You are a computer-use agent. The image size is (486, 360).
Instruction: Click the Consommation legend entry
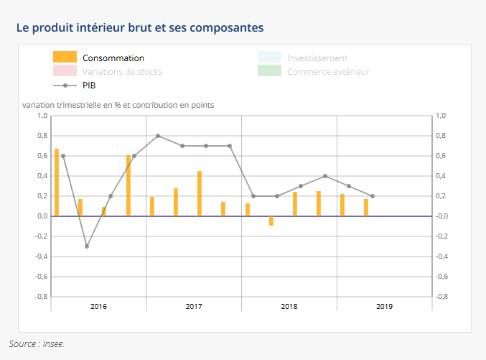[x=113, y=57]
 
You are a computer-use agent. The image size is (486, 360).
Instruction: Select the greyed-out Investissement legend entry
[x=317, y=57]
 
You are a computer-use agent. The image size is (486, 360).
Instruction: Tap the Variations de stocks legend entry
[x=121, y=71]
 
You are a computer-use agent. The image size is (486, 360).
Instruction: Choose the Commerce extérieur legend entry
[x=327, y=71]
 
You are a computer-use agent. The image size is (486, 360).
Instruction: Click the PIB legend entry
[x=89, y=85]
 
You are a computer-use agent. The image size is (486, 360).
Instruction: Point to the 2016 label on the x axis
[x=98, y=307]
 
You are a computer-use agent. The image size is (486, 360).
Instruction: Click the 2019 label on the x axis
[x=384, y=307]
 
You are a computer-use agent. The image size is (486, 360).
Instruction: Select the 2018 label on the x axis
[x=289, y=307]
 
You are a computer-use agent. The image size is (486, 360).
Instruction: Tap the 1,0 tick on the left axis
[x=42, y=116]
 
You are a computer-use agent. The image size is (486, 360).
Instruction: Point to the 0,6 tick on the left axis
[x=42, y=156]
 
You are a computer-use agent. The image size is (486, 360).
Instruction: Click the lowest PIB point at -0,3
[x=87, y=246]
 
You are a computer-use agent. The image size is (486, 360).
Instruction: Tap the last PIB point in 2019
[x=373, y=196]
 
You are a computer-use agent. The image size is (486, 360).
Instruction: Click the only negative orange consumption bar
[x=271, y=221]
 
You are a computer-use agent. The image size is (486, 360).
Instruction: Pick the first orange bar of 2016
[x=57, y=183]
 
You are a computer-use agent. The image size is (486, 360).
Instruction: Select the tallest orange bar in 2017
[x=200, y=193]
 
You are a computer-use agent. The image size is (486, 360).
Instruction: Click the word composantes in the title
[x=225, y=27]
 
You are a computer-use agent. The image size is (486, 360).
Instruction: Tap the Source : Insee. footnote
[x=37, y=343]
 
